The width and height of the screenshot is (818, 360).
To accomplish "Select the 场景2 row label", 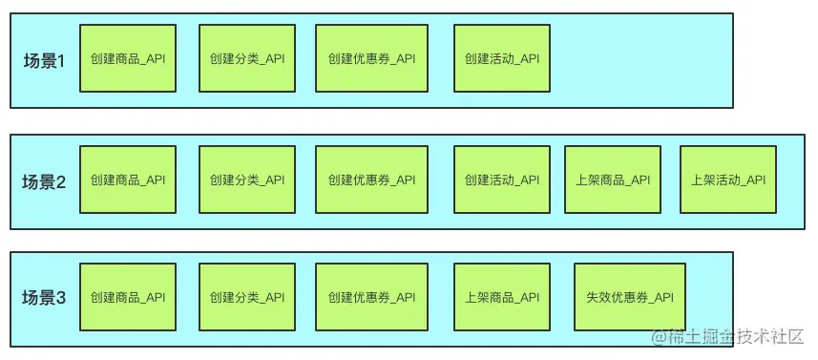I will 43,180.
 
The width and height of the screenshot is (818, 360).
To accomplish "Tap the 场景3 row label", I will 43,298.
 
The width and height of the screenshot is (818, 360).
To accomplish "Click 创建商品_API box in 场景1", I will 128,59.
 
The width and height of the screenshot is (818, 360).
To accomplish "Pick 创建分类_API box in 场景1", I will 246,59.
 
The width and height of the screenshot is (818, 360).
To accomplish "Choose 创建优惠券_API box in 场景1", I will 371,59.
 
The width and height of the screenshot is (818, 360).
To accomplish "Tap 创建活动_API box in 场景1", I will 502,59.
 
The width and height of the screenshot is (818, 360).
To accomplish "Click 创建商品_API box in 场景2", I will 128,180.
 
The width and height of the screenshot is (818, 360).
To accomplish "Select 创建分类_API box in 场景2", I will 246,180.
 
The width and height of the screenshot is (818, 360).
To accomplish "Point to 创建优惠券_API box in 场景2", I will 371,180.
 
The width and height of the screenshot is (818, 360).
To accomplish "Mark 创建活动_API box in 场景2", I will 502,180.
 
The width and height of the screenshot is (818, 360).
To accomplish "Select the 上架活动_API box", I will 728,180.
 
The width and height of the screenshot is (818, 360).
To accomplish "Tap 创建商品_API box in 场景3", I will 128,298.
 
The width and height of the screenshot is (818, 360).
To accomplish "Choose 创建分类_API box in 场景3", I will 246,298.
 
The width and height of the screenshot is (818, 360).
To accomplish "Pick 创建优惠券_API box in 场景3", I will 371,298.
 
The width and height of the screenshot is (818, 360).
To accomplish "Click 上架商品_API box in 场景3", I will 502,298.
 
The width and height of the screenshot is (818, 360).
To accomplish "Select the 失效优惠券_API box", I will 630,298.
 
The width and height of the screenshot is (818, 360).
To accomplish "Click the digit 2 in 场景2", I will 60,180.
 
